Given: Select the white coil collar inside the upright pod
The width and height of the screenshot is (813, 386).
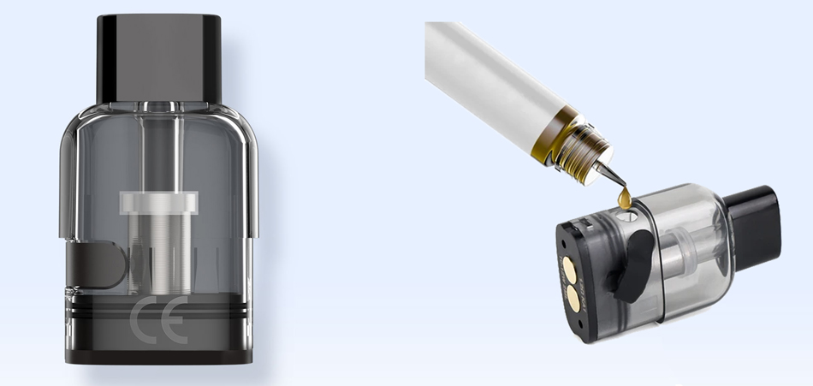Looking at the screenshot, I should [x=159, y=203].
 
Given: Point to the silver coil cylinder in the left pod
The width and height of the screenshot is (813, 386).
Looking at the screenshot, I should [x=159, y=248].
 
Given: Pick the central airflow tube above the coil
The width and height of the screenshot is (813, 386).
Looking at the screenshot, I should [x=160, y=154].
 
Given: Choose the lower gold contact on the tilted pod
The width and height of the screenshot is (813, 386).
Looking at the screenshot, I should [x=572, y=299].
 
